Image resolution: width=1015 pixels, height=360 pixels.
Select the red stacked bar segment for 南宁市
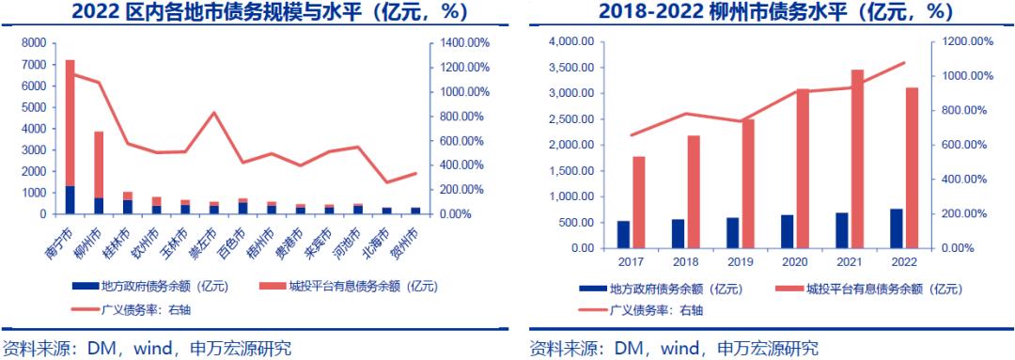70,122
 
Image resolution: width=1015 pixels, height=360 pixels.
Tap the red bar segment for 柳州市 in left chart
99,164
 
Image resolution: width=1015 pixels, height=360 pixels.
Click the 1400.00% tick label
462,43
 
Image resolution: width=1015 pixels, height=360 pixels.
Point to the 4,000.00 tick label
568,41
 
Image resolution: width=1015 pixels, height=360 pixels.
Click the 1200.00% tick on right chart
968,41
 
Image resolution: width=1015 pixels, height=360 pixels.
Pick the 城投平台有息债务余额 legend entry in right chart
855,289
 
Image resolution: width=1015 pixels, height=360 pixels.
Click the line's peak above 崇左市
215,113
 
